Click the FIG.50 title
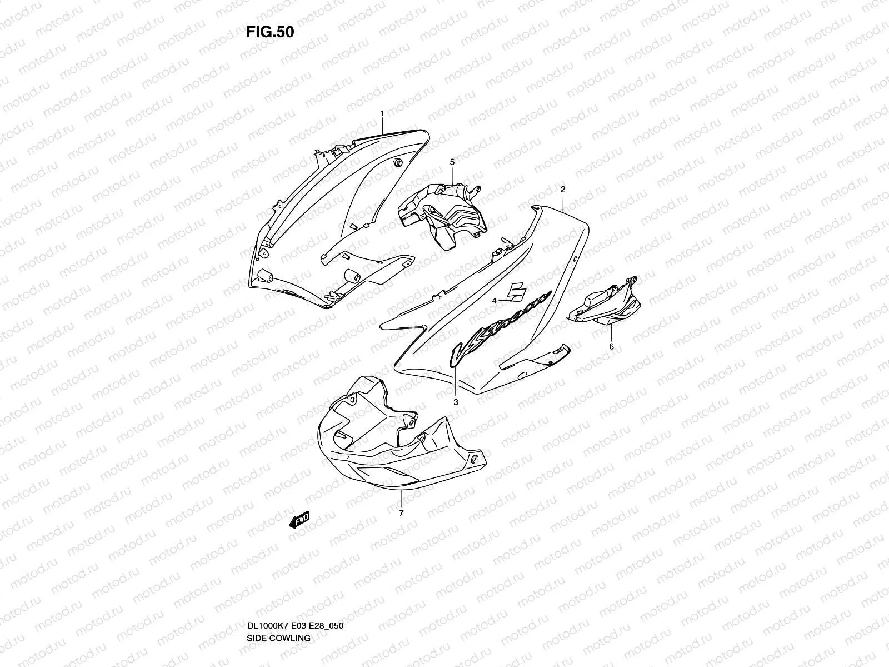pyautogui.click(x=270, y=32)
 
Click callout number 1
pyautogui.click(x=382, y=113)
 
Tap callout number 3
pyautogui.click(x=455, y=402)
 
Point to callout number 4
pyautogui.click(x=493, y=301)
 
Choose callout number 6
pyautogui.click(x=612, y=346)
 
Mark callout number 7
pyautogui.click(x=401, y=513)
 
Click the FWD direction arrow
pyautogui.click(x=299, y=520)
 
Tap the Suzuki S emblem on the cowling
pyautogui.click(x=519, y=291)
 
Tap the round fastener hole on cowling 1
pyautogui.click(x=398, y=162)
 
